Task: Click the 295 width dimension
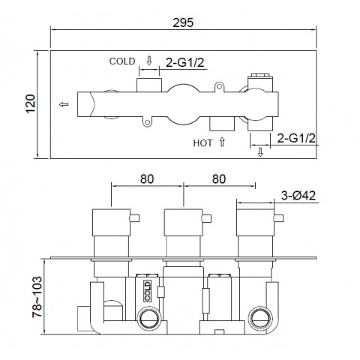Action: pos(183,22)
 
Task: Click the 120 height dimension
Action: pos(31,103)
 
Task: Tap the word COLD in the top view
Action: pos(122,61)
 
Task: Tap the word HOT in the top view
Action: pos(202,143)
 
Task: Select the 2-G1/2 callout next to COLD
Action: pos(185,62)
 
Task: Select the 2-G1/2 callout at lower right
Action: pos(296,138)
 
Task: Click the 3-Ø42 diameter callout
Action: pos(298,196)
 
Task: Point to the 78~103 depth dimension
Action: pos(37,297)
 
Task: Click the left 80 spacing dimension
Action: pos(147,179)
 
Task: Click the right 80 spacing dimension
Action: pos(219,179)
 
